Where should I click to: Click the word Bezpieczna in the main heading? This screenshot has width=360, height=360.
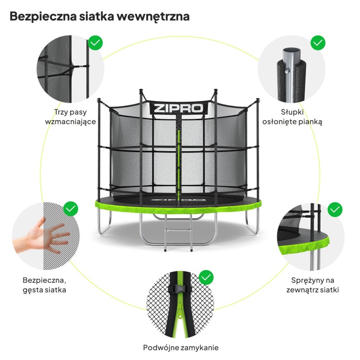(x=43, y=17)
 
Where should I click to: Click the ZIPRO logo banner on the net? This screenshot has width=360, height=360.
(x=178, y=108)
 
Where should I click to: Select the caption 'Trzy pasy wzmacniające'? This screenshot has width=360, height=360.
(x=71, y=117)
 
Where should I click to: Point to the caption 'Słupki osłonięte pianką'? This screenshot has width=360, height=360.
(x=292, y=117)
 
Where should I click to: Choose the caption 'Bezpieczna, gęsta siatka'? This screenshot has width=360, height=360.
(x=44, y=285)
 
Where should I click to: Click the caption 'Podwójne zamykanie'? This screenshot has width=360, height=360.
(x=181, y=347)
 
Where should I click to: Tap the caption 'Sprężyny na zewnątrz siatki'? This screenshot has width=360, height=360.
(x=312, y=285)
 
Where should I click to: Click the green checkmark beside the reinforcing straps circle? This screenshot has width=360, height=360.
(x=95, y=43)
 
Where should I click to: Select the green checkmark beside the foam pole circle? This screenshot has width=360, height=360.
(x=318, y=43)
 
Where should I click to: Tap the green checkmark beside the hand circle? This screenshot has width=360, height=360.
(x=71, y=209)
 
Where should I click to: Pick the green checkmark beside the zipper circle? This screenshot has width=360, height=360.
(x=206, y=277)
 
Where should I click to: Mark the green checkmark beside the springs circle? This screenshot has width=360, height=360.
(x=335, y=209)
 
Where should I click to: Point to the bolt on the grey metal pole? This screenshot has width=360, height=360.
(x=287, y=72)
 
